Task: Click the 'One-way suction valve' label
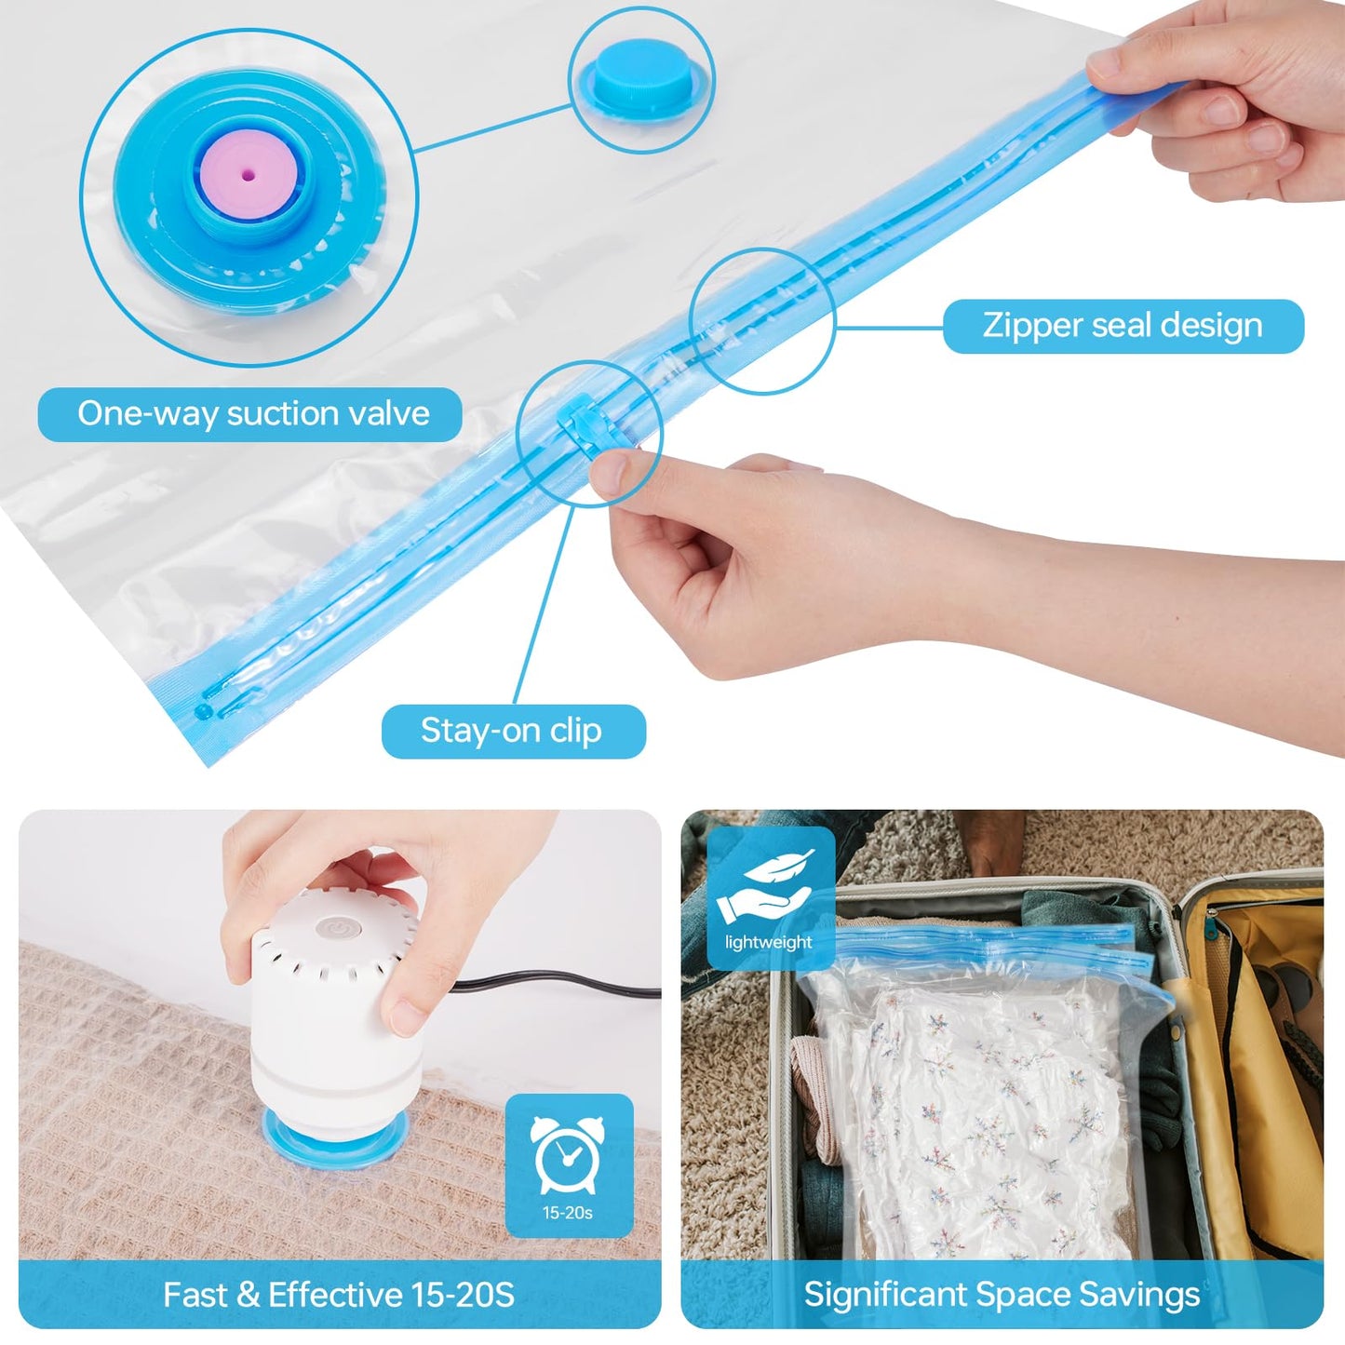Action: click(251, 414)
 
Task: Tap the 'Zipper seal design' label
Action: click(1123, 326)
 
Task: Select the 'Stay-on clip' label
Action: click(512, 731)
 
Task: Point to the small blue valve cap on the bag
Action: click(639, 75)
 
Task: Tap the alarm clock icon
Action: click(568, 1154)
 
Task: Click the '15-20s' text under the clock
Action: click(568, 1213)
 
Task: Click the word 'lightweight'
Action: click(769, 942)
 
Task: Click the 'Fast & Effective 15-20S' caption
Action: click(339, 1295)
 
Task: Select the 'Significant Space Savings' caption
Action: click(1002, 1295)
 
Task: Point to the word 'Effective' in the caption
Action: click(335, 1295)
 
